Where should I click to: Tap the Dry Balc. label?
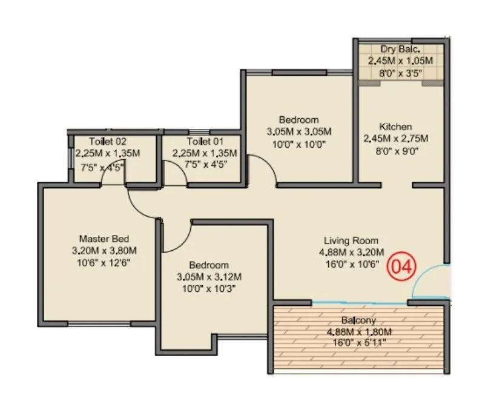click(401, 50)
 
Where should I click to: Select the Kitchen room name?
click(395, 127)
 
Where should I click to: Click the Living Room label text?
click(351, 240)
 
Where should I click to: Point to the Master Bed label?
click(104, 238)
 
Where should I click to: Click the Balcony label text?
click(359, 320)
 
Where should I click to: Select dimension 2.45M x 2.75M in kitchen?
click(395, 139)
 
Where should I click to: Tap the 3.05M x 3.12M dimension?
click(209, 277)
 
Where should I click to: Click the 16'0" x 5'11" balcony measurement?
click(359, 343)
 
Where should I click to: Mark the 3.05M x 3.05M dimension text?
click(298, 131)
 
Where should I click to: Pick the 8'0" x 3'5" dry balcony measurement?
click(401, 73)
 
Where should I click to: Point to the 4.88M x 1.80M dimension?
click(359, 331)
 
